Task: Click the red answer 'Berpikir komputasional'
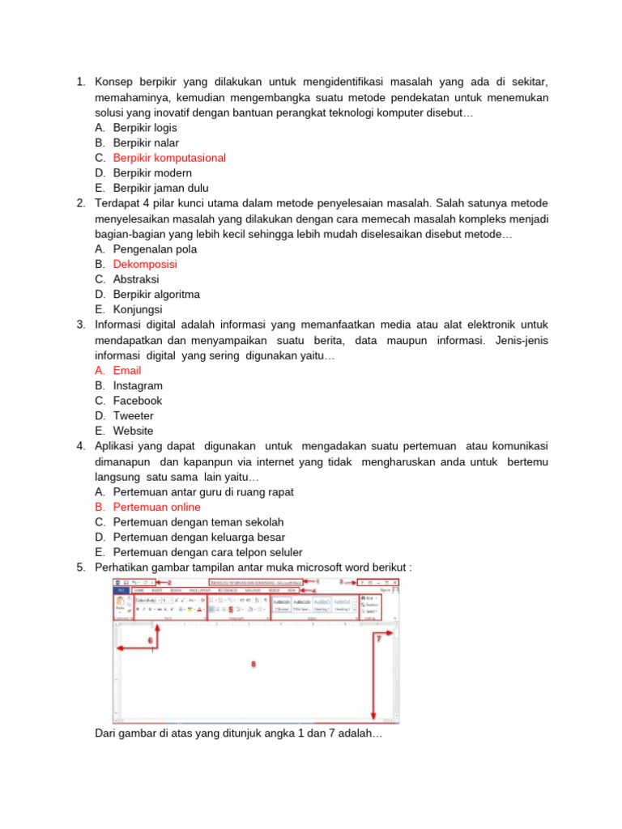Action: coord(169,158)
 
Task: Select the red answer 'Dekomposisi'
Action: coord(145,264)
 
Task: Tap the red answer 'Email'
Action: coord(127,371)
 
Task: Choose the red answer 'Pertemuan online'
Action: coord(156,507)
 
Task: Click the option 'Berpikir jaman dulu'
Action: coord(160,188)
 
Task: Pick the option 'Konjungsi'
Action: coord(138,309)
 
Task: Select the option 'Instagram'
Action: coord(138,385)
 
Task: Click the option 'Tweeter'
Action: coord(133,416)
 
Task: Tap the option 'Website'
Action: coord(133,431)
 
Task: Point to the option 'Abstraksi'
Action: coord(136,279)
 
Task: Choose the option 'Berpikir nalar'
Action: coord(146,142)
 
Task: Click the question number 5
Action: coord(81,568)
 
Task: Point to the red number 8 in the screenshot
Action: coord(253,664)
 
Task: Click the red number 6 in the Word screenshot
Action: coord(150,640)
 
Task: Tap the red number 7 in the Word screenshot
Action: coord(378,639)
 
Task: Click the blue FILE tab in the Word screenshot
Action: coord(121,591)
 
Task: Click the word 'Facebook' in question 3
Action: coord(138,401)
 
